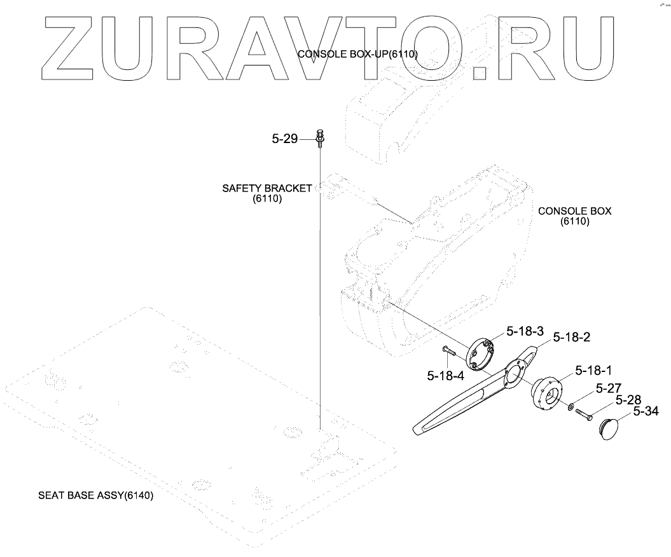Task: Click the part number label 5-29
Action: point(284,139)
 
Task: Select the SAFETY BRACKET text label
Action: point(267,188)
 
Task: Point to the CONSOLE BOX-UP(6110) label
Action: point(357,54)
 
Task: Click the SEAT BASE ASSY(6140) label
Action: point(96,495)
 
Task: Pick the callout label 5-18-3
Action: point(525,331)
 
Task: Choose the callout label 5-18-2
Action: point(572,337)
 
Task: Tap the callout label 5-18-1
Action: point(595,370)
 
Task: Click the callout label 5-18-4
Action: point(445,375)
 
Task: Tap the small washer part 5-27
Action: point(571,405)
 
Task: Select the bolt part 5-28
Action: point(585,415)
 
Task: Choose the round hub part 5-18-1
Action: point(546,394)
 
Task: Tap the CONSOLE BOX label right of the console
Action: point(574,211)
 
